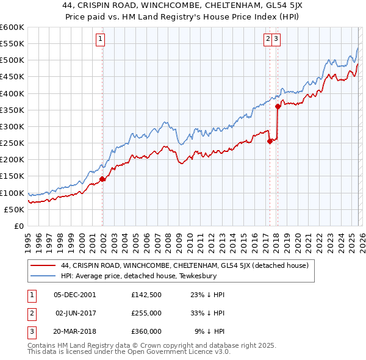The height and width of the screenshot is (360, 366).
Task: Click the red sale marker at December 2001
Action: [x=102, y=179]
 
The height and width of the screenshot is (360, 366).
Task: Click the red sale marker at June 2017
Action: [x=270, y=142]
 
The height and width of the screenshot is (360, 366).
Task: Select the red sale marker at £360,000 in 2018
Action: [x=278, y=106]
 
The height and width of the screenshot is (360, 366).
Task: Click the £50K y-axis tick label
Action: [x=13, y=209]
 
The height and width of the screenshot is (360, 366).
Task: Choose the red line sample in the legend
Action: [x=43, y=265]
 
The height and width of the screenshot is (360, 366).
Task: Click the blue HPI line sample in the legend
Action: [x=43, y=276]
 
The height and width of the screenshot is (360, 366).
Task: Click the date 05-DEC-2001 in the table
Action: [x=75, y=295]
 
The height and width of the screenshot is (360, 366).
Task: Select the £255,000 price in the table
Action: [x=146, y=313]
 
